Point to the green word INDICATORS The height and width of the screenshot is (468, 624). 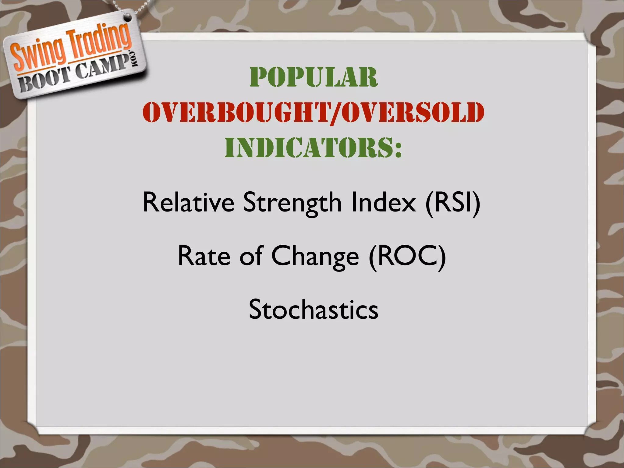tap(308, 147)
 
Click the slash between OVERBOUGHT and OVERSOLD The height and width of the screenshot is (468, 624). tap(335, 113)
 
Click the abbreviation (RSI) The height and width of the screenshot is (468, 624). tap(453, 202)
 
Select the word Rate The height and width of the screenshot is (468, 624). tap(204, 256)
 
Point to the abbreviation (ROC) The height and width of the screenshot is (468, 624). tap(407, 256)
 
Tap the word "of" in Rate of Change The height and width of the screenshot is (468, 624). tap(250, 256)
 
